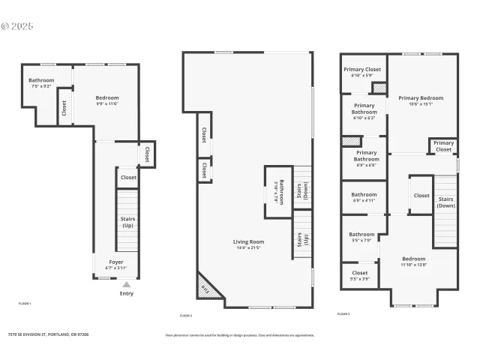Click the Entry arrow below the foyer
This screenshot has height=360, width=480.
click(x=127, y=285)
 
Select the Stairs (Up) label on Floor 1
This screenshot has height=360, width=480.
click(x=127, y=221)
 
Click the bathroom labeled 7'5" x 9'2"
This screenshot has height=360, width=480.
click(x=41, y=83)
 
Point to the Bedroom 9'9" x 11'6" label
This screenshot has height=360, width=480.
click(x=107, y=100)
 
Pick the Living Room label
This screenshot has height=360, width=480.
click(x=248, y=244)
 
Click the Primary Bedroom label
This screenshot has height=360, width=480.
click(x=420, y=100)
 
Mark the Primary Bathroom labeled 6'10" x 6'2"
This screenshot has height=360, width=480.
click(x=364, y=111)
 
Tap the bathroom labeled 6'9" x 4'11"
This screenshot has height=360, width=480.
click(x=364, y=197)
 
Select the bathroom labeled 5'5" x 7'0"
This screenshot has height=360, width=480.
click(x=361, y=237)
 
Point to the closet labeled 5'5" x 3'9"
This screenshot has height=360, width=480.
click(x=360, y=275)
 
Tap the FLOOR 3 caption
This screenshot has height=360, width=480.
click(x=343, y=314)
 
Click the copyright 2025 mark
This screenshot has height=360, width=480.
click(x=18, y=25)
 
